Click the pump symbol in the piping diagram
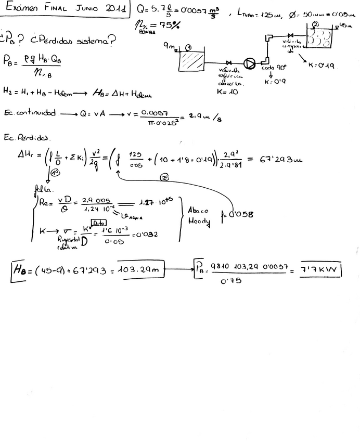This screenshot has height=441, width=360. pos(250,63)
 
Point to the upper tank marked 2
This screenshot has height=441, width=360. pos(320,38)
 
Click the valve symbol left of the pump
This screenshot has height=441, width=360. pos(227,63)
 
